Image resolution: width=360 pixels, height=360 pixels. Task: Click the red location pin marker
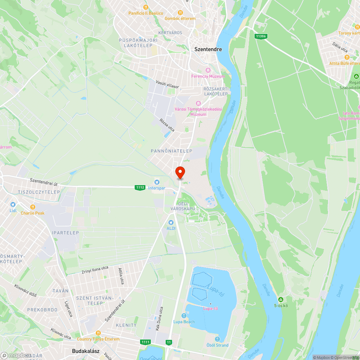180,172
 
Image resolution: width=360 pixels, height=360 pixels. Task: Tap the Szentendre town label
208,49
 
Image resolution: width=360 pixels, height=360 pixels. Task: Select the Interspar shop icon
157,182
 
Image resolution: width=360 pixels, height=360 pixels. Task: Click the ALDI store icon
171,222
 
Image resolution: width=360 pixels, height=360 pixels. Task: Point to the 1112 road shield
140,187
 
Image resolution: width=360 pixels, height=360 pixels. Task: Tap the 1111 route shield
146,342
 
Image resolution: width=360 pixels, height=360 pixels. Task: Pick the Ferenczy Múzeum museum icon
208,70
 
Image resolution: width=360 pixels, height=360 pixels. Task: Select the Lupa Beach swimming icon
184,316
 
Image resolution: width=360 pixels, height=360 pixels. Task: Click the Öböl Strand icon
217,339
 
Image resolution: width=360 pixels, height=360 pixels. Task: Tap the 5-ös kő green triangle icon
280,300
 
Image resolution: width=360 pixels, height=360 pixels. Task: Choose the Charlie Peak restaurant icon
32,207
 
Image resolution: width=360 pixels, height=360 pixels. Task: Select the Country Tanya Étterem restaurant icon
98,333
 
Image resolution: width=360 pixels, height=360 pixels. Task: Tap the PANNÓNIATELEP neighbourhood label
171,151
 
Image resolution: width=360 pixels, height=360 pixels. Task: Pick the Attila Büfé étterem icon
347,57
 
